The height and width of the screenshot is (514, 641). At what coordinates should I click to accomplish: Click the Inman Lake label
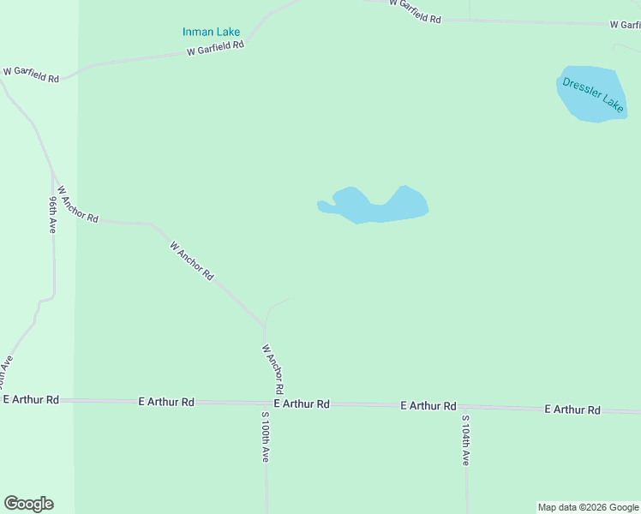tap(211, 33)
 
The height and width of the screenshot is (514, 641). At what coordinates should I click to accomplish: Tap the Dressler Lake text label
tap(593, 94)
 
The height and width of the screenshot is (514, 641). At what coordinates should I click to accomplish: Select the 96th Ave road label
tap(52, 214)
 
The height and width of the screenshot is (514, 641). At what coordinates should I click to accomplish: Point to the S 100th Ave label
tap(266, 437)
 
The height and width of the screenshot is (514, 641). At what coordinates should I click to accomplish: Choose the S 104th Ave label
tap(465, 440)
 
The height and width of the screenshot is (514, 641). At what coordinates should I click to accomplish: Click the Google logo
tap(28, 504)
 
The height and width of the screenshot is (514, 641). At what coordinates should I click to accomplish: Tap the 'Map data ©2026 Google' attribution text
tap(588, 507)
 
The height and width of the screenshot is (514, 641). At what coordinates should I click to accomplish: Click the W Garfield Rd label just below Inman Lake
tap(216, 48)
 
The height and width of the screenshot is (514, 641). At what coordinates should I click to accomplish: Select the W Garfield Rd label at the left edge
tap(31, 74)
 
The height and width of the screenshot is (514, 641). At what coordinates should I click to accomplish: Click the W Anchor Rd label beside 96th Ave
tap(79, 206)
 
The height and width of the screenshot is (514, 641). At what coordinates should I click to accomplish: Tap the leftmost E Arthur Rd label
tap(31, 400)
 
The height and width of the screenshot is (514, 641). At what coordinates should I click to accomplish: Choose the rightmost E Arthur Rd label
tap(572, 410)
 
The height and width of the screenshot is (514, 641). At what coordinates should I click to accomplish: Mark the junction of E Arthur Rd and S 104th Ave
tap(465, 407)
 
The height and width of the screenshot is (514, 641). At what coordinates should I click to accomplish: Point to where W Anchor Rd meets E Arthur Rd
tap(266, 403)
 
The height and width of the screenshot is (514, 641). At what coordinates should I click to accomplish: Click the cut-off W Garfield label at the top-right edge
tap(625, 25)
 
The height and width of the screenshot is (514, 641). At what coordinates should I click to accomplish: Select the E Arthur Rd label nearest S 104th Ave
tap(428, 406)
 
